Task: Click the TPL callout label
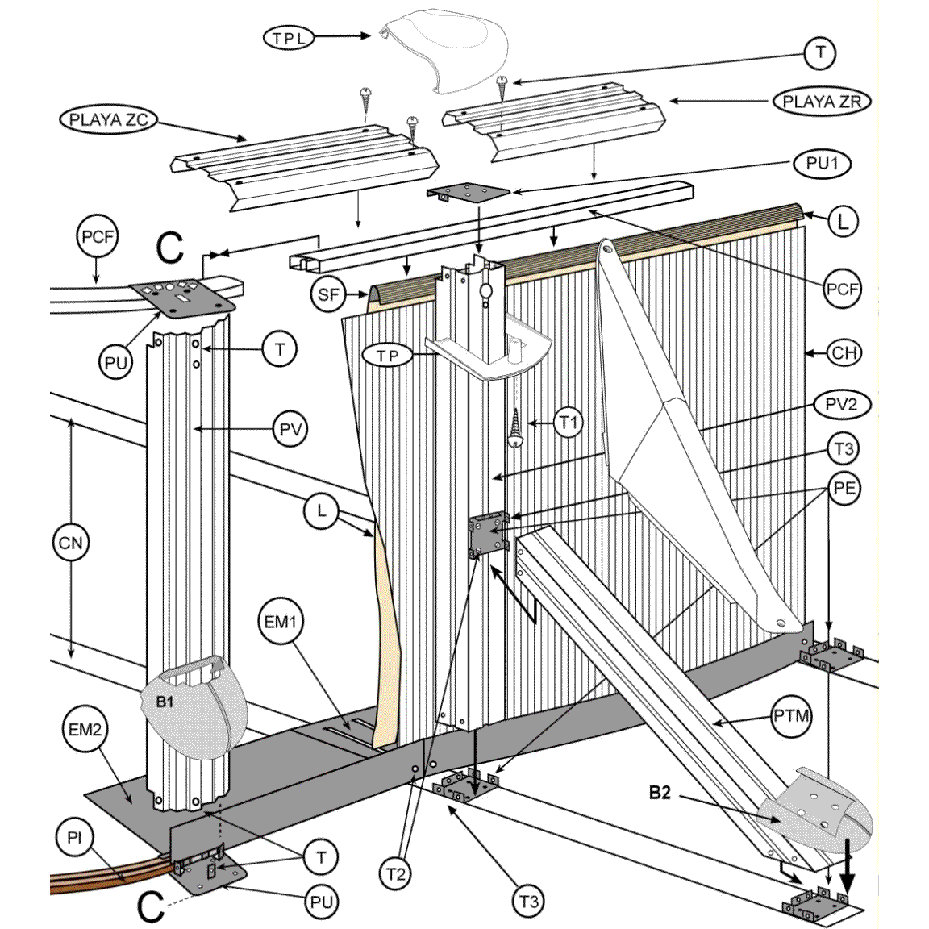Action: click(289, 37)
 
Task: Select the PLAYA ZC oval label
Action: click(108, 120)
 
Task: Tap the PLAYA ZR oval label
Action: click(822, 102)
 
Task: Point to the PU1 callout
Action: click(823, 164)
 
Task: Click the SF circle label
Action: click(328, 295)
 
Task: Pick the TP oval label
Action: click(388, 356)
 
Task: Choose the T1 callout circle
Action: click(569, 422)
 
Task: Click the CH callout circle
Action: click(844, 352)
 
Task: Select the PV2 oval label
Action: click(841, 404)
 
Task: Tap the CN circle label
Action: click(71, 543)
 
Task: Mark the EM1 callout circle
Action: click(281, 622)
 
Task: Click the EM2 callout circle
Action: click(85, 730)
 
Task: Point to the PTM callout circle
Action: click(791, 715)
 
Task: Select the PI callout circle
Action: click(74, 839)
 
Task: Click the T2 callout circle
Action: click(395, 874)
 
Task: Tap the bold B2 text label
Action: click(660, 794)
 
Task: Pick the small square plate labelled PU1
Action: click(469, 193)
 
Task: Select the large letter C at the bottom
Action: click(151, 906)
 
